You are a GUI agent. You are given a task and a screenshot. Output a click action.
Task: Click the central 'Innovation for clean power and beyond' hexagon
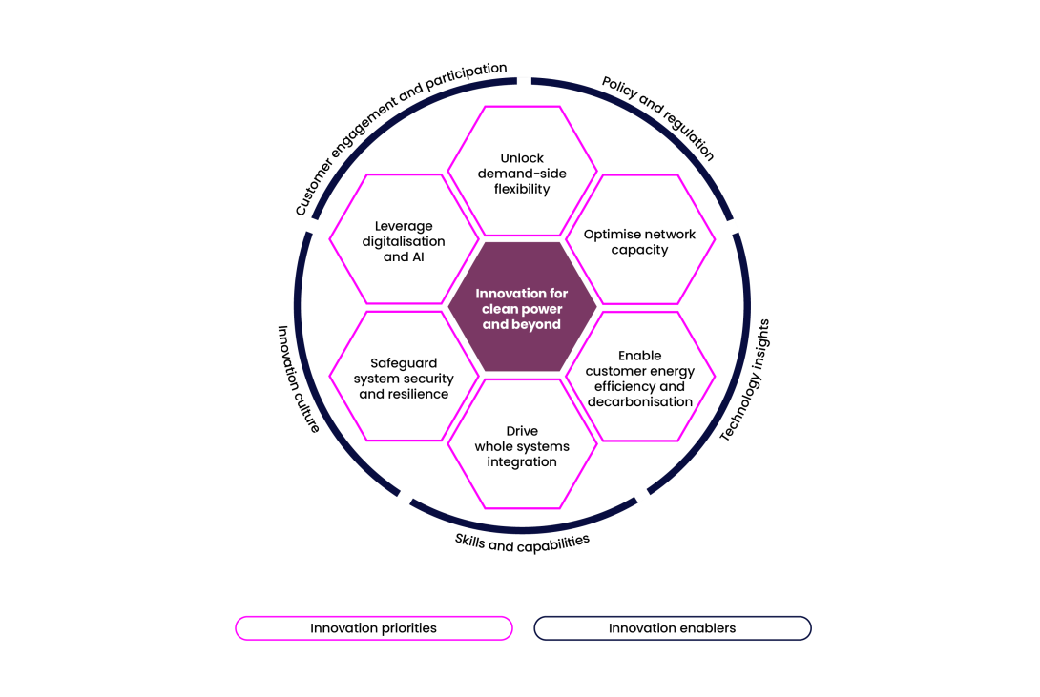[522, 307]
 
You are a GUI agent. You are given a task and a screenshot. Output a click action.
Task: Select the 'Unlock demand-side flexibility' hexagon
[522, 171]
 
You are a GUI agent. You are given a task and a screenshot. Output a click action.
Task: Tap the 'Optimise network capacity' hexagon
[640, 240]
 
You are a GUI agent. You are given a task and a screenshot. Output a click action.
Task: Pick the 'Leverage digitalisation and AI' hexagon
[404, 240]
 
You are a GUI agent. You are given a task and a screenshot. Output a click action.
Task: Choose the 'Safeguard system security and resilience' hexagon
[404, 377]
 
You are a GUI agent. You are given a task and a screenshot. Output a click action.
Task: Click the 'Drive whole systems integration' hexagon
[522, 444]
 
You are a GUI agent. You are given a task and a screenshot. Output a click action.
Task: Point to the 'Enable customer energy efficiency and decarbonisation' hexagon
[640, 377]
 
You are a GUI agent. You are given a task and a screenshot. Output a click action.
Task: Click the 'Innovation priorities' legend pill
[374, 628]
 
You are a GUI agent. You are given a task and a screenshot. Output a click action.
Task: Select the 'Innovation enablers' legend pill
[673, 628]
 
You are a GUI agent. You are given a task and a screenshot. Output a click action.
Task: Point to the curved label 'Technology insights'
[745, 380]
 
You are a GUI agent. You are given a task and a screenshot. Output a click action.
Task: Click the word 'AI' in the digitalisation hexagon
[417, 257]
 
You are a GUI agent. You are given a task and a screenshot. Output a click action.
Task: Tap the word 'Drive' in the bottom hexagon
[522, 431]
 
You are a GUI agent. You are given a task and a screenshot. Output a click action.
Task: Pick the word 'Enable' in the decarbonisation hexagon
[640, 356]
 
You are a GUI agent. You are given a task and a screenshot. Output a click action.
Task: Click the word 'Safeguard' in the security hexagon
[404, 363]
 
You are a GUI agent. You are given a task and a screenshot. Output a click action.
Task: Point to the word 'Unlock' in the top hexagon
[522, 158]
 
